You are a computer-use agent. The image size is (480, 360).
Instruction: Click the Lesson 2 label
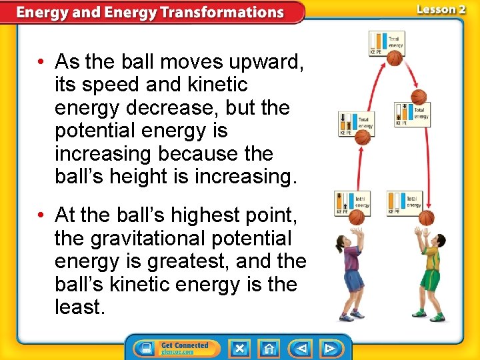(441, 9)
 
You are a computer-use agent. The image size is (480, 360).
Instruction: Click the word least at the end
(78, 307)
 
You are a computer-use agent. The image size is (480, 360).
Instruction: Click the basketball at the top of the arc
(395, 59)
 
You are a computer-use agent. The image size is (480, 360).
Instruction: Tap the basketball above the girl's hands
(357, 217)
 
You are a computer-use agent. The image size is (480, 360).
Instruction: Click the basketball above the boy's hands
(427, 217)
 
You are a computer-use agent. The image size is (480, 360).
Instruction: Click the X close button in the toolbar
(240, 348)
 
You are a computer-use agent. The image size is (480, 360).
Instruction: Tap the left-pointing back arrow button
(301, 348)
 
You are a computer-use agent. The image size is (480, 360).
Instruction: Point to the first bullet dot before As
(41, 63)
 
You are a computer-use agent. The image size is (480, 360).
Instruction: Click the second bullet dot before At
(41, 215)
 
